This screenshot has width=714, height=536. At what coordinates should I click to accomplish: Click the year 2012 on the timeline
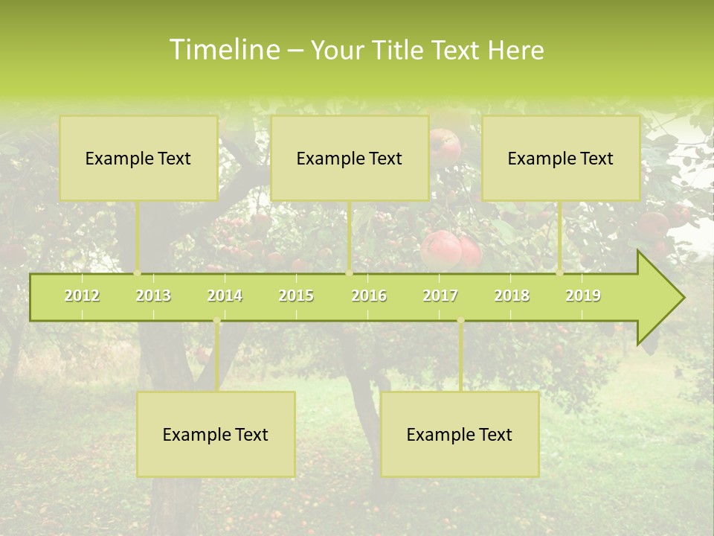point(82,296)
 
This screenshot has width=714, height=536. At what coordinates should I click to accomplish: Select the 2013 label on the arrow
point(153,296)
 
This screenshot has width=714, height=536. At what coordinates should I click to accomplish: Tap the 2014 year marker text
point(225,296)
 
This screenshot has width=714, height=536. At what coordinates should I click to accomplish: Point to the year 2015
point(296,296)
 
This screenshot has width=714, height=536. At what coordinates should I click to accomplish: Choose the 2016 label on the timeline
point(369,296)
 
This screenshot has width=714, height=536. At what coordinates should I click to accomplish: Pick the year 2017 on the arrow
point(440,296)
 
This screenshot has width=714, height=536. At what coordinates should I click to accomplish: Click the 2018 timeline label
point(512,296)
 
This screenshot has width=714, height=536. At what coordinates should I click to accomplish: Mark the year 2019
point(583,296)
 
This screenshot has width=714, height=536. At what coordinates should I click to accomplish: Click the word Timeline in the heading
point(223,50)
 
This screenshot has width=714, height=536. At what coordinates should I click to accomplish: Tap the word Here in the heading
point(515,50)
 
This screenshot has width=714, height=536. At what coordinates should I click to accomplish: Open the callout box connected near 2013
point(138,158)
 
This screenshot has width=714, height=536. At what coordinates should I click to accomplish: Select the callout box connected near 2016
point(350,158)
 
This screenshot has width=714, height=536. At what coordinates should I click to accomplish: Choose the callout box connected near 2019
point(561,158)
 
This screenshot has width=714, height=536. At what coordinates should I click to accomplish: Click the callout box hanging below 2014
point(216,434)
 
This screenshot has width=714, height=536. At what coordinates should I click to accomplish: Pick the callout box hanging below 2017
point(460,434)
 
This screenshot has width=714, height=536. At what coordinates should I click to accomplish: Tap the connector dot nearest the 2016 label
point(350,273)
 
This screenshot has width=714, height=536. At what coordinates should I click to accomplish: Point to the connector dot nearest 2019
point(560,273)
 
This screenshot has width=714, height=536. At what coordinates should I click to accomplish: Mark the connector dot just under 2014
point(216,321)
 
